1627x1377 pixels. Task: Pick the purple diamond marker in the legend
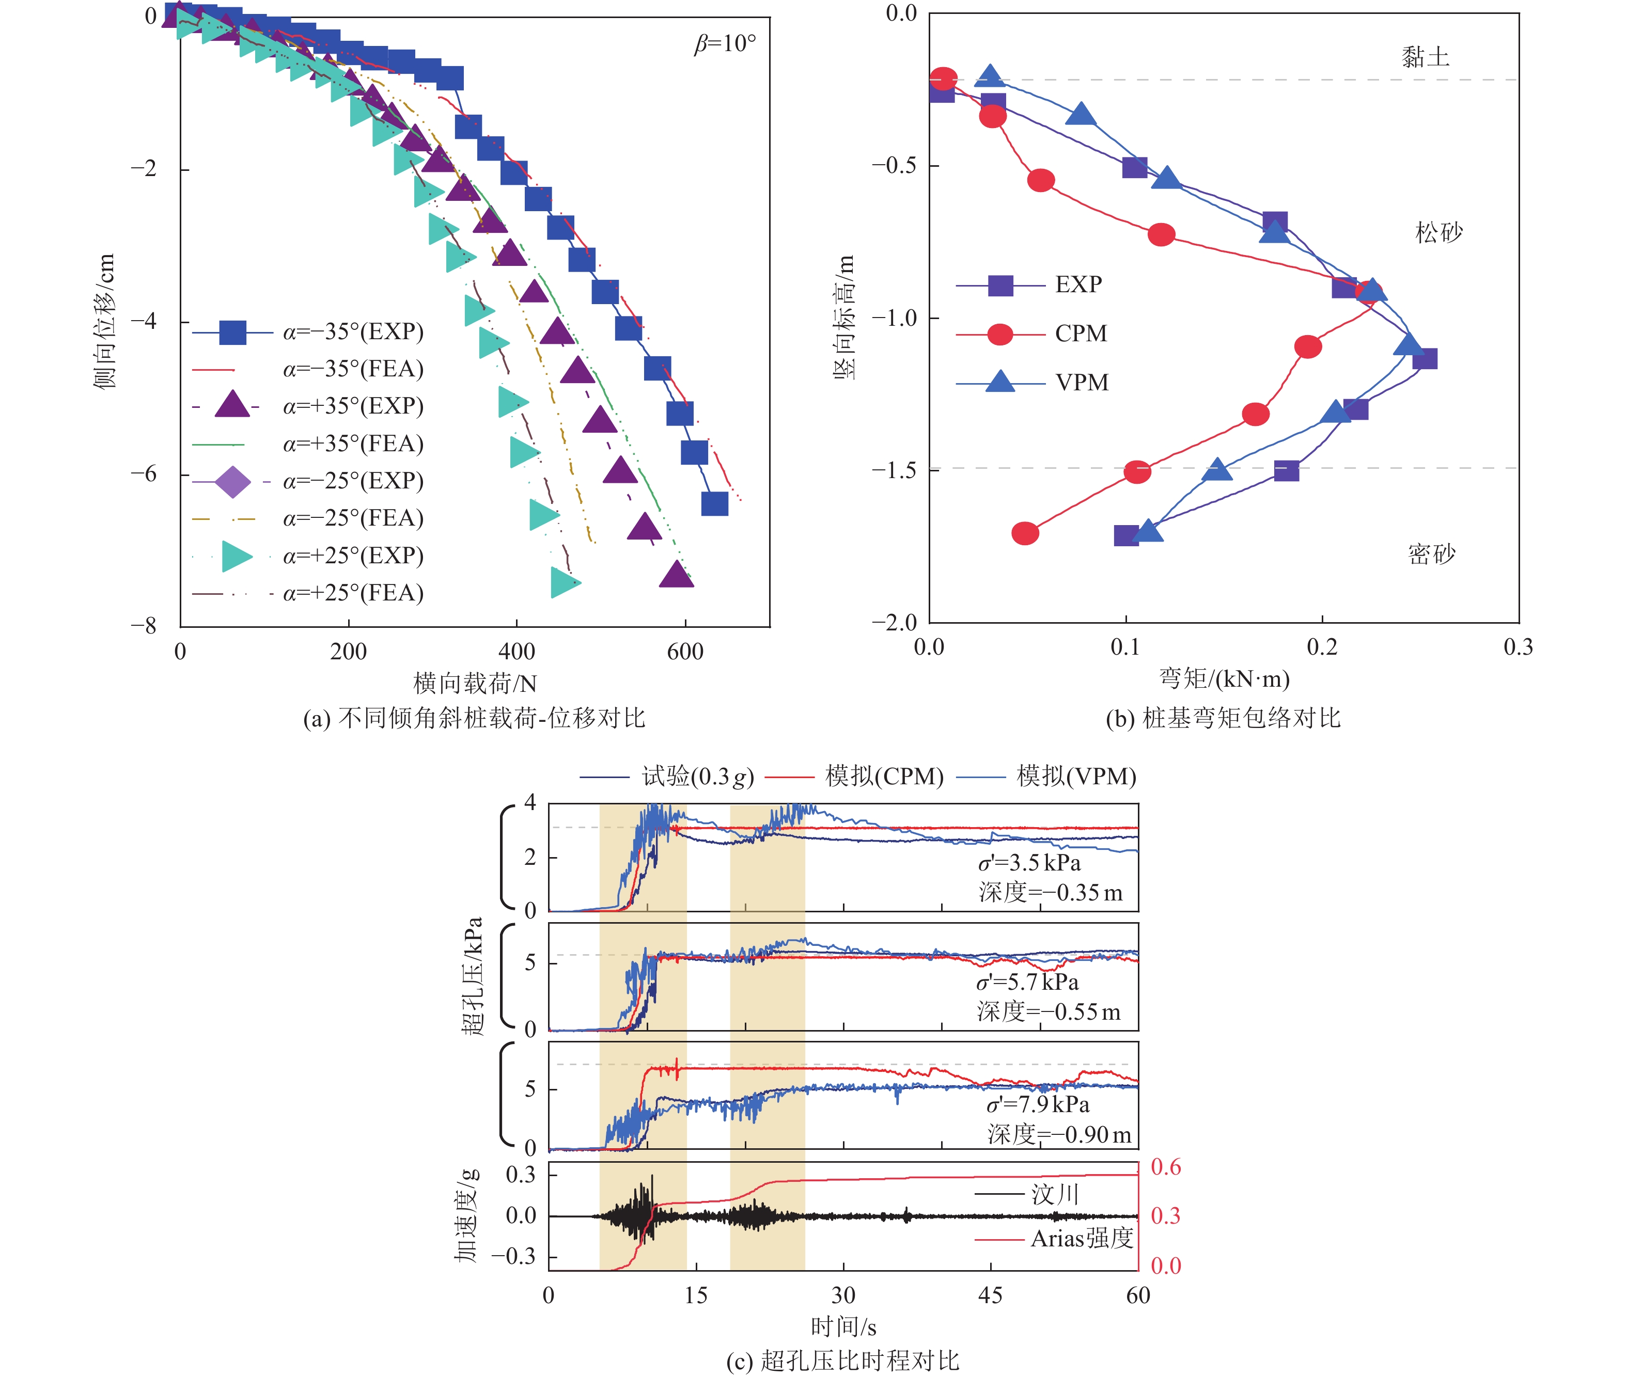pyautogui.click(x=232, y=481)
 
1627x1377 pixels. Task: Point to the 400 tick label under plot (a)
pyautogui.click(x=516, y=652)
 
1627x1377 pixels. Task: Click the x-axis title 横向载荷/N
pyautogui.click(x=475, y=684)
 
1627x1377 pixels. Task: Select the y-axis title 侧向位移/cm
pyautogui.click(x=104, y=320)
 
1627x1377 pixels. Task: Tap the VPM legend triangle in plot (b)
pyautogui.click(x=1000, y=382)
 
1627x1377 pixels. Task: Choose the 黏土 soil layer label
pyautogui.click(x=1425, y=57)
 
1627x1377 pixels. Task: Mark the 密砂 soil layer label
pyautogui.click(x=1431, y=554)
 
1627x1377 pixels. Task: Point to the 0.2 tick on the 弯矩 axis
pyautogui.click(x=1322, y=647)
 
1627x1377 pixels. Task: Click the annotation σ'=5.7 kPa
pyautogui.click(x=1027, y=982)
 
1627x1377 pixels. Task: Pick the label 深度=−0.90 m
pyautogui.click(x=1059, y=1134)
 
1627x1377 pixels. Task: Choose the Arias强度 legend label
pyautogui.click(x=1081, y=1239)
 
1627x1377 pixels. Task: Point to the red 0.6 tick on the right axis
pyautogui.click(x=1166, y=1167)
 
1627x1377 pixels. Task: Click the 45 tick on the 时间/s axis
pyautogui.click(x=990, y=1296)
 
